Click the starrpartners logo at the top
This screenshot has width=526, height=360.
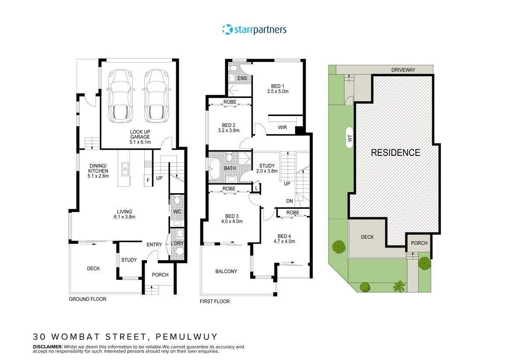pos(254,29)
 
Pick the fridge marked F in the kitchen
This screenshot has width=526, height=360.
pos(148,180)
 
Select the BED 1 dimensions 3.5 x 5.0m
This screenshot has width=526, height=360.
pos(277,92)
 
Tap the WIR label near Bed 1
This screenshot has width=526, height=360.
pos(283,128)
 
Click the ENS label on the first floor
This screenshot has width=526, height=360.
pos(242,78)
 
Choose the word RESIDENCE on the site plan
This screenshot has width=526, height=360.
pos(395,153)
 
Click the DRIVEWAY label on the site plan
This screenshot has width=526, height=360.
pos(404,70)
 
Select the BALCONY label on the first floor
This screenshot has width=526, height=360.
pos(226,272)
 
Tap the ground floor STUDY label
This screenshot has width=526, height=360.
pos(129,260)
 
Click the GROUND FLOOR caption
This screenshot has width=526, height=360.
pos(88,299)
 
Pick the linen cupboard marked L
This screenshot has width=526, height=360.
pos(256,188)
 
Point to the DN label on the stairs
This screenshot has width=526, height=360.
pos(290,201)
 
